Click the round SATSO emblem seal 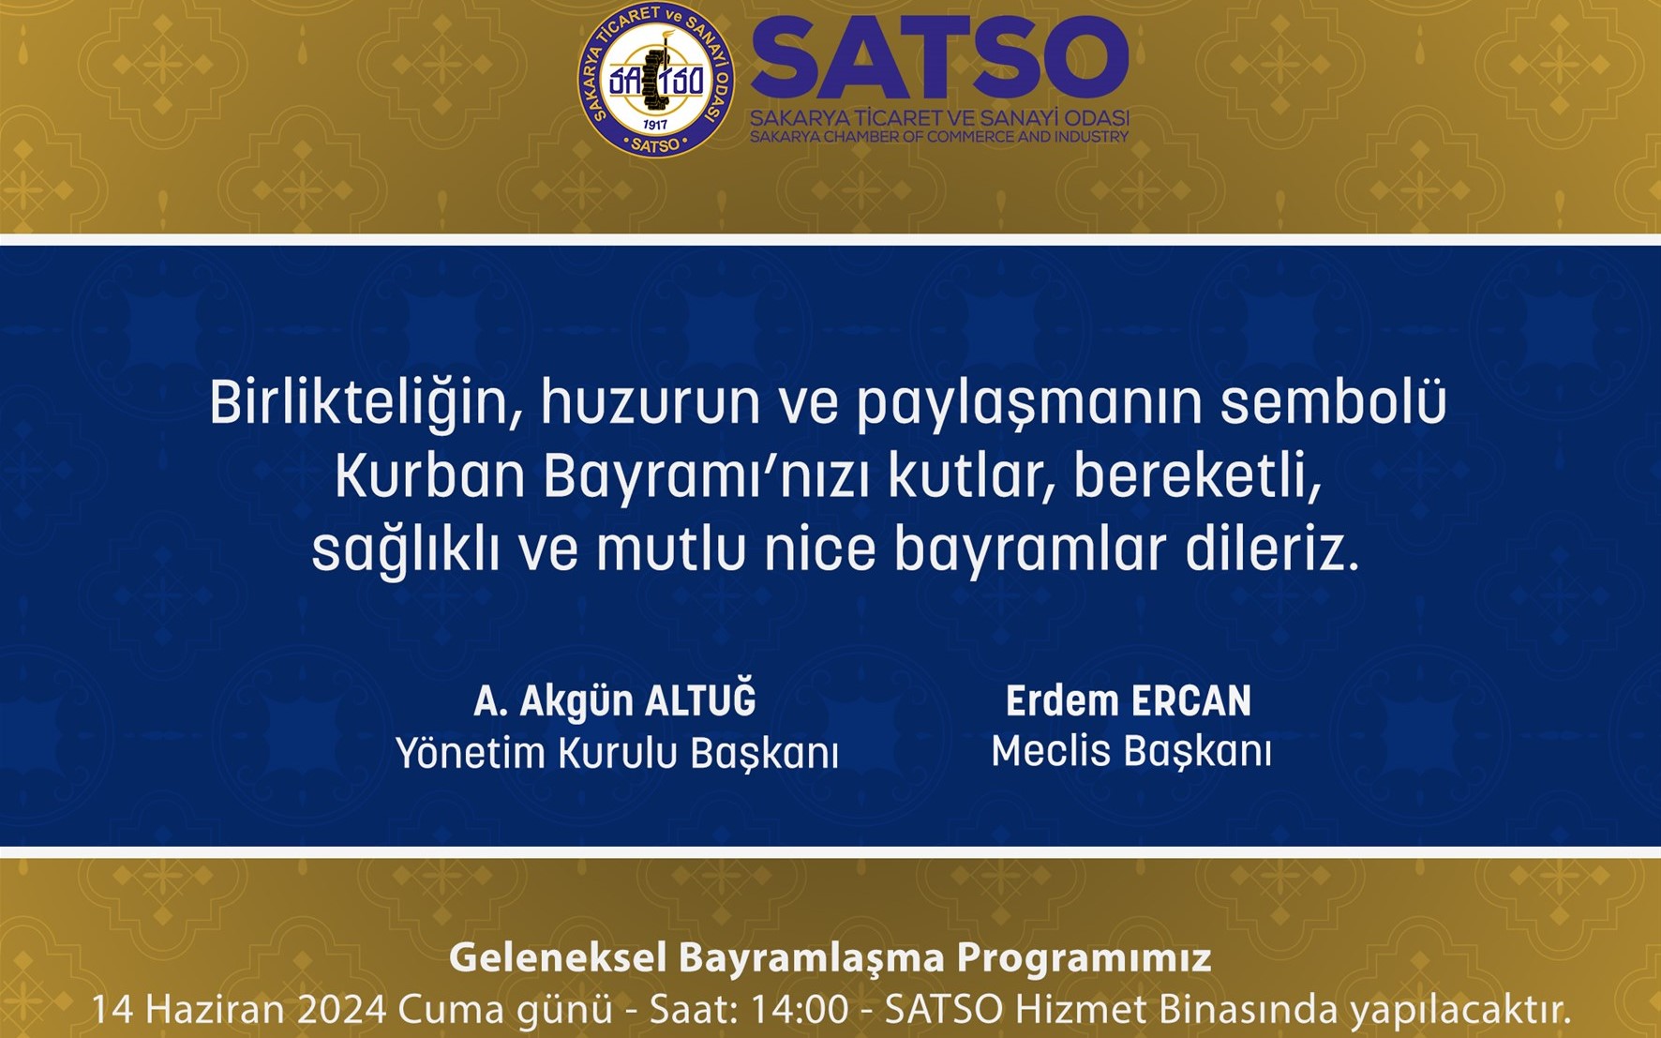(x=656, y=80)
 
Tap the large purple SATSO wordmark (x=940, y=59)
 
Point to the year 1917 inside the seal (x=655, y=125)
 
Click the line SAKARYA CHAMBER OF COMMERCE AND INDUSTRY (x=939, y=137)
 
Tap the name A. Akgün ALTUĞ (x=615, y=701)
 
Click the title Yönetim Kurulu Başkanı (x=617, y=754)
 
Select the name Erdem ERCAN (x=1129, y=701)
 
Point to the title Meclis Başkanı (x=1131, y=752)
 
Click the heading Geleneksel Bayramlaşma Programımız (x=830, y=958)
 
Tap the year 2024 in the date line (x=342, y=1010)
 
